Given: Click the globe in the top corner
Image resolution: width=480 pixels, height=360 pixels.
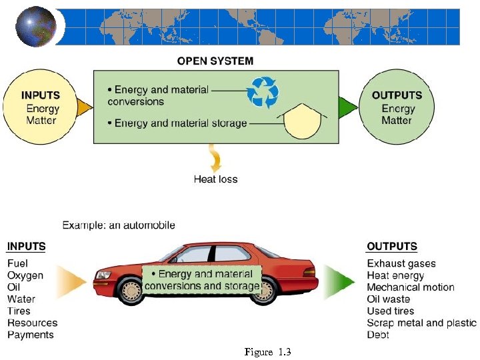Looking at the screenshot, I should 35,27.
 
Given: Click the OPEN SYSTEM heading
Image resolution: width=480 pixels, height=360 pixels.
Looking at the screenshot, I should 215,61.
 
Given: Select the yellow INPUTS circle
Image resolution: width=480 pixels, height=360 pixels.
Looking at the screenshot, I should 41,107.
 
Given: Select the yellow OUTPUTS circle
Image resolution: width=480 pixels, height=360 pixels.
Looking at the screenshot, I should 397,107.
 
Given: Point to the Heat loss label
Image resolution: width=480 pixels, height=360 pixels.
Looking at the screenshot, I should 215,179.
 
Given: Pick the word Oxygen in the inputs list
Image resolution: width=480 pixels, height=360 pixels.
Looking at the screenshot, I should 25,276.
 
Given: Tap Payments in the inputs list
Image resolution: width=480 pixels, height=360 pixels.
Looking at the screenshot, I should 30,335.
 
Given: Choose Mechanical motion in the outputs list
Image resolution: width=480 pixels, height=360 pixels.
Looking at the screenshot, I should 411,287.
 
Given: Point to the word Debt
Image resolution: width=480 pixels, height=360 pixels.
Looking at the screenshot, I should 378,335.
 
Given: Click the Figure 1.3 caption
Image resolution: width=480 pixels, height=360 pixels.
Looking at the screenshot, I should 268,351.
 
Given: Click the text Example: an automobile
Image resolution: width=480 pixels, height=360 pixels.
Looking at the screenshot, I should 119,225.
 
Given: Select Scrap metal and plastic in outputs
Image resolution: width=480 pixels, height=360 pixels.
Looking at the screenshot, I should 421,323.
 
